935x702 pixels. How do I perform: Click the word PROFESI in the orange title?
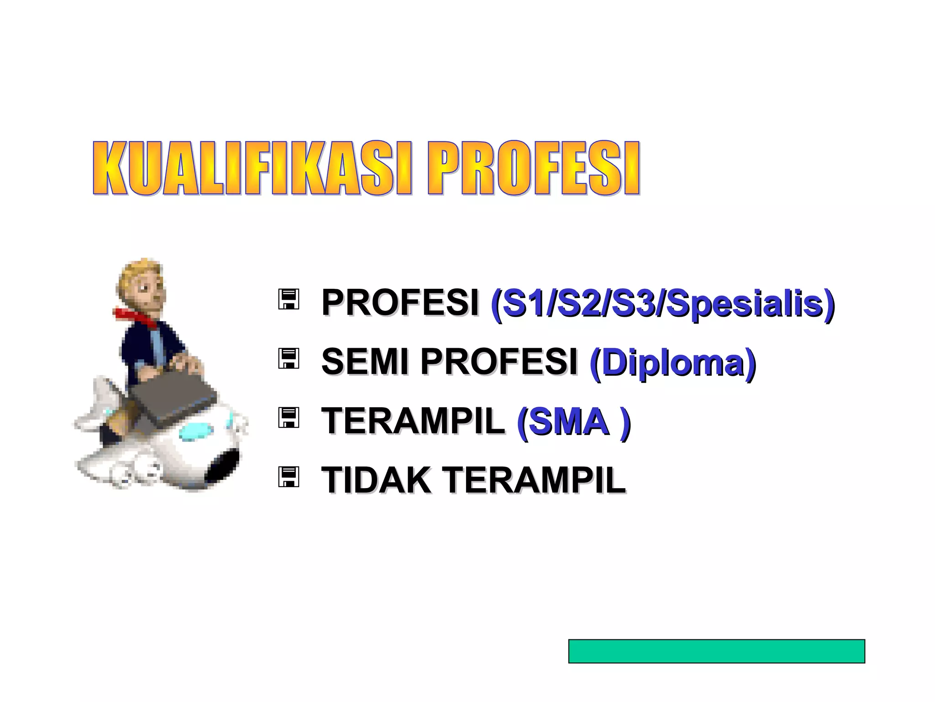(x=533, y=169)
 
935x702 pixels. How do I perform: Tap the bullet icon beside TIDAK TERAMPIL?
(x=289, y=477)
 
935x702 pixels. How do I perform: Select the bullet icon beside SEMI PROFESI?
(x=289, y=359)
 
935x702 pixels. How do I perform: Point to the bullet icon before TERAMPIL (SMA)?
(x=289, y=418)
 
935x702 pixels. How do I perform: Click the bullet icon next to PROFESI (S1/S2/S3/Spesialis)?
(x=289, y=299)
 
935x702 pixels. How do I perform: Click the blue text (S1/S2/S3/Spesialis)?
(x=662, y=303)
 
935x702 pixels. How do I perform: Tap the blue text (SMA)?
(x=573, y=421)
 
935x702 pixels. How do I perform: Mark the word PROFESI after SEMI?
(x=499, y=362)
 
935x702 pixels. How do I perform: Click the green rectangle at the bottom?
(x=716, y=651)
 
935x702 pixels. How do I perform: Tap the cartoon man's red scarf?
(x=135, y=318)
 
